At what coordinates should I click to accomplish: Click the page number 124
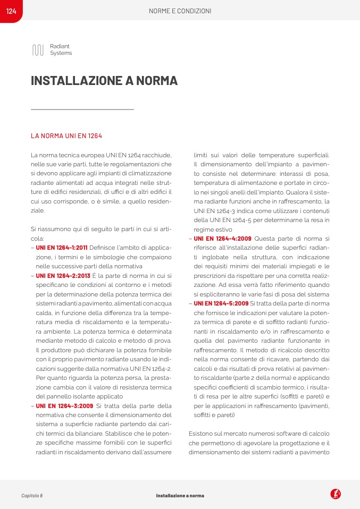[11, 11]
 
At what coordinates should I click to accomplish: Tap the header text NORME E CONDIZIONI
[180, 11]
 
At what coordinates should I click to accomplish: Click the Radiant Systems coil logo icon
[38, 50]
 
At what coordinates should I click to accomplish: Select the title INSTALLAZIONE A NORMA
[104, 81]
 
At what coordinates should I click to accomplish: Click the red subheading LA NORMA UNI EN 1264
[66, 136]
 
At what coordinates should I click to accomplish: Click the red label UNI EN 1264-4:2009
[222, 239]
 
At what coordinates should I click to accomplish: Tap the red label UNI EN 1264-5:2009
[221, 303]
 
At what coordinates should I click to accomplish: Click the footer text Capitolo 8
[32, 495]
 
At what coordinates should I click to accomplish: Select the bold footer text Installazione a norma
[180, 495]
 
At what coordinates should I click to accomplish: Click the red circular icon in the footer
[336, 494]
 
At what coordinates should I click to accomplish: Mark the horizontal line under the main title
[82, 109]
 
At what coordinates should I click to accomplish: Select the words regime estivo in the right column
[210, 230]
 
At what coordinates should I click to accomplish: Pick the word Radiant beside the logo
[60, 47]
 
